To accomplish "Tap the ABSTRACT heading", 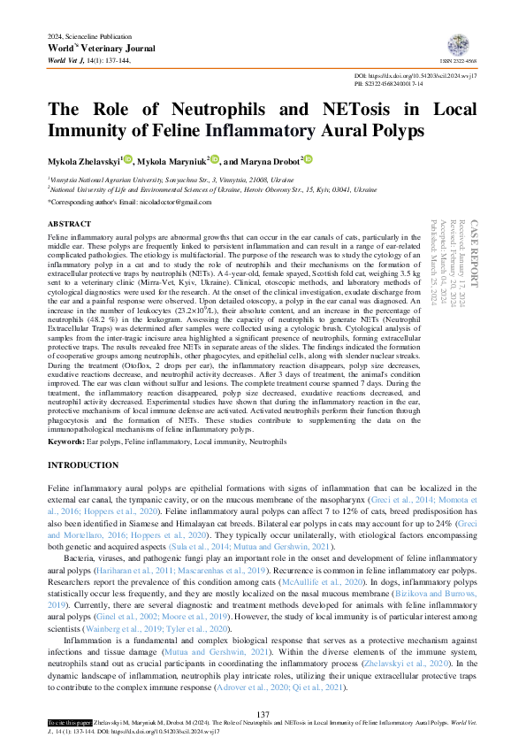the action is tap(68, 225).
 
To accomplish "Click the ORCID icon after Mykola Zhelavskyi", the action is tap(128, 160).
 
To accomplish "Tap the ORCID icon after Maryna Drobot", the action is tap(309, 160).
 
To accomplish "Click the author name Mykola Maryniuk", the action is tap(172, 162).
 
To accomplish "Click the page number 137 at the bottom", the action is tap(263, 714).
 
